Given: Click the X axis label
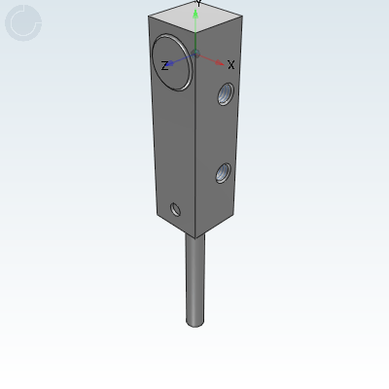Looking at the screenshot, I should click(x=231, y=65).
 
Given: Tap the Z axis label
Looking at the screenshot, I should click(x=164, y=66).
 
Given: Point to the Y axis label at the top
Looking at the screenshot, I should click(x=198, y=3).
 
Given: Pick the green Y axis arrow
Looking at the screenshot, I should click(x=196, y=29).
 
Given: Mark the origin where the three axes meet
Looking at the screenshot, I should click(x=195, y=54).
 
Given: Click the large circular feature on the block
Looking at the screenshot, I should click(x=172, y=61).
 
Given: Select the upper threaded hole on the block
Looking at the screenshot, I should click(x=225, y=94).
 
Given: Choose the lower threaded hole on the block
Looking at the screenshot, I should click(x=223, y=175).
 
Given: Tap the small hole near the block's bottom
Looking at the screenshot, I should click(x=175, y=209).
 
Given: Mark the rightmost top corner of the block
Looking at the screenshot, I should click(x=241, y=19).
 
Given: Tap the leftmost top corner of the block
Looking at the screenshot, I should click(x=149, y=18).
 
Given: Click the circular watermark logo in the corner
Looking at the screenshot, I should click(x=23, y=23).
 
